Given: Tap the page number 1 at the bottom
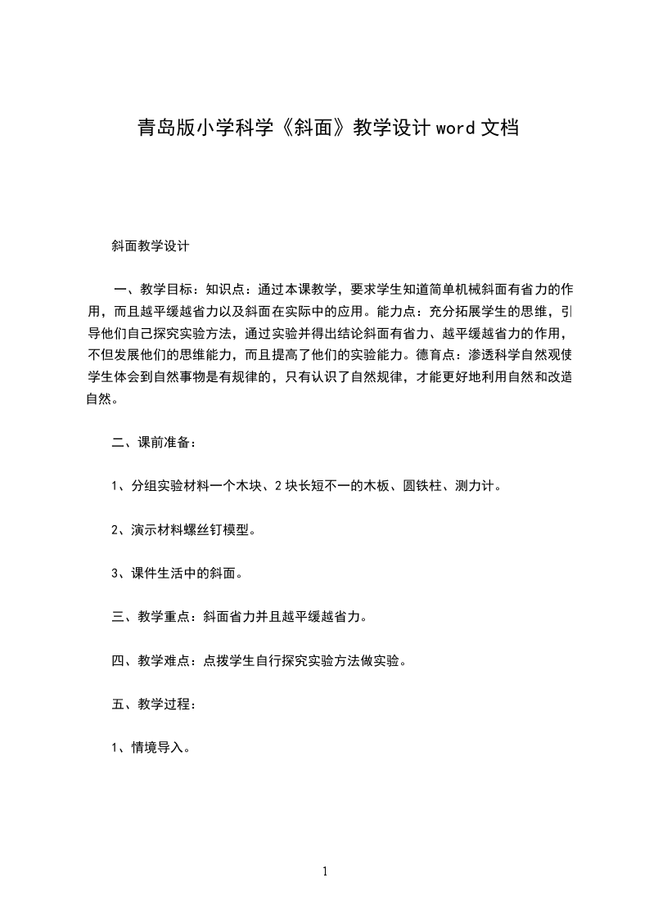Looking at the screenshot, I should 325,871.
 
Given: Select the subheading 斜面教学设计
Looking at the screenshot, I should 151,245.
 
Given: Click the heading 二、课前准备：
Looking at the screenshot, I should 154,443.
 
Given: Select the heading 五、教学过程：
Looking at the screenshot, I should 154,703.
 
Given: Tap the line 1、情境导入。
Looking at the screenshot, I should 151,746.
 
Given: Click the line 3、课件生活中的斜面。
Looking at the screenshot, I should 177,573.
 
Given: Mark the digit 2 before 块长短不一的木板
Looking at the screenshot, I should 278,486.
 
